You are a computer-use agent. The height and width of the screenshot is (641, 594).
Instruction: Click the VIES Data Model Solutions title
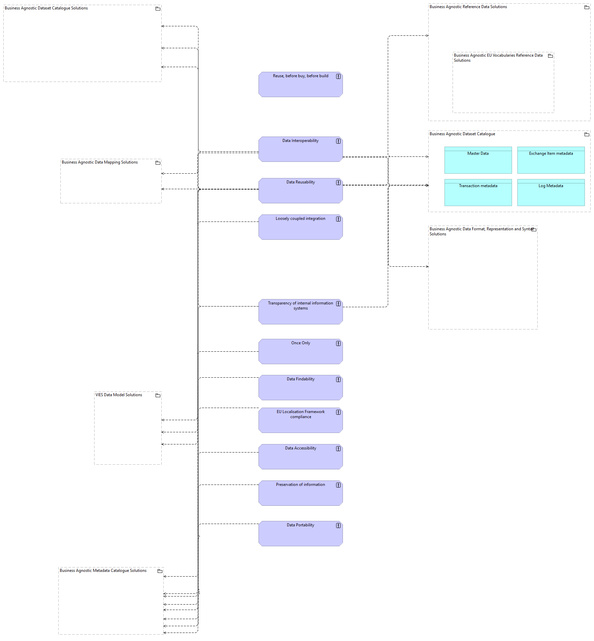pyautogui.click(x=119, y=395)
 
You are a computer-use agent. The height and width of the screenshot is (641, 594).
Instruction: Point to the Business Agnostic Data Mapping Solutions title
pyautogui.click(x=100, y=162)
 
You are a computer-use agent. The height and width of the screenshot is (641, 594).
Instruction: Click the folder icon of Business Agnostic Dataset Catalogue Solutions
pyautogui.click(x=158, y=9)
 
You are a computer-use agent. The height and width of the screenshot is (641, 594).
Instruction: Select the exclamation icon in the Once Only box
pyautogui.click(x=338, y=344)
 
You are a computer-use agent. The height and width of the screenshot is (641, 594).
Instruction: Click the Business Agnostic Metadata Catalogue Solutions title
pyautogui.click(x=103, y=571)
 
